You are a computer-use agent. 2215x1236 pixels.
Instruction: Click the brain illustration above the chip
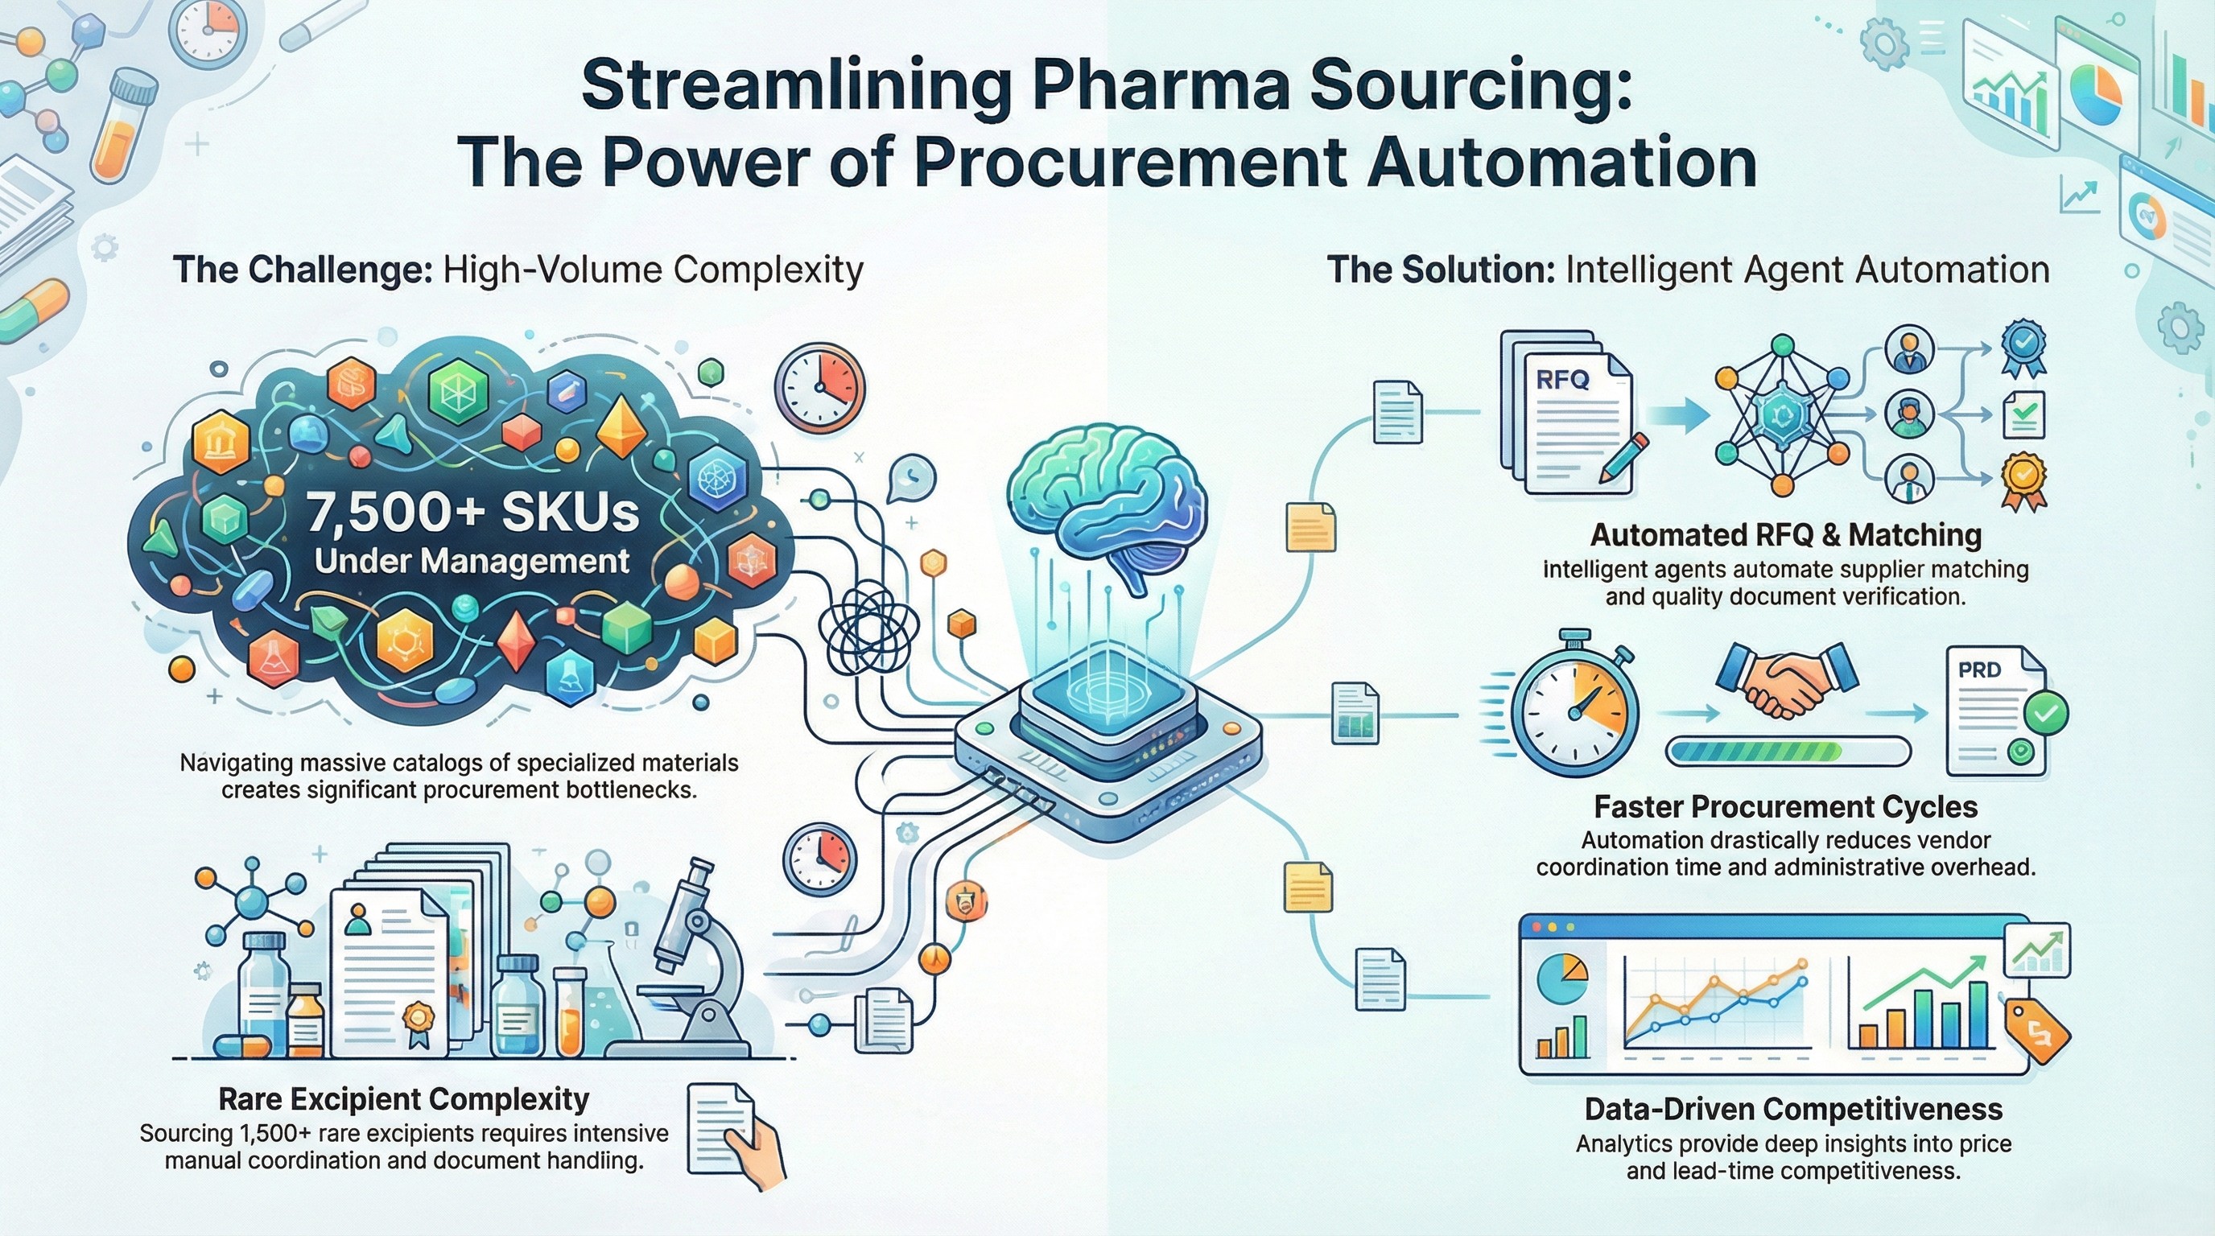tap(1109, 507)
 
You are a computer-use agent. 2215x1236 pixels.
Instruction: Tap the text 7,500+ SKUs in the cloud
tap(472, 513)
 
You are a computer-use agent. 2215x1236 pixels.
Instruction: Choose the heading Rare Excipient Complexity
tap(403, 1099)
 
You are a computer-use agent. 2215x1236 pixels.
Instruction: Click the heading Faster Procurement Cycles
tap(1786, 807)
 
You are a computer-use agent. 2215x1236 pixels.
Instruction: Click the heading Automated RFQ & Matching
tap(1786, 534)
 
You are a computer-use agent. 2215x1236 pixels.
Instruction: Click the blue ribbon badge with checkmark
tap(2023, 348)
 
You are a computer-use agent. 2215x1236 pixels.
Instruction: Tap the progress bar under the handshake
tap(1788, 752)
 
